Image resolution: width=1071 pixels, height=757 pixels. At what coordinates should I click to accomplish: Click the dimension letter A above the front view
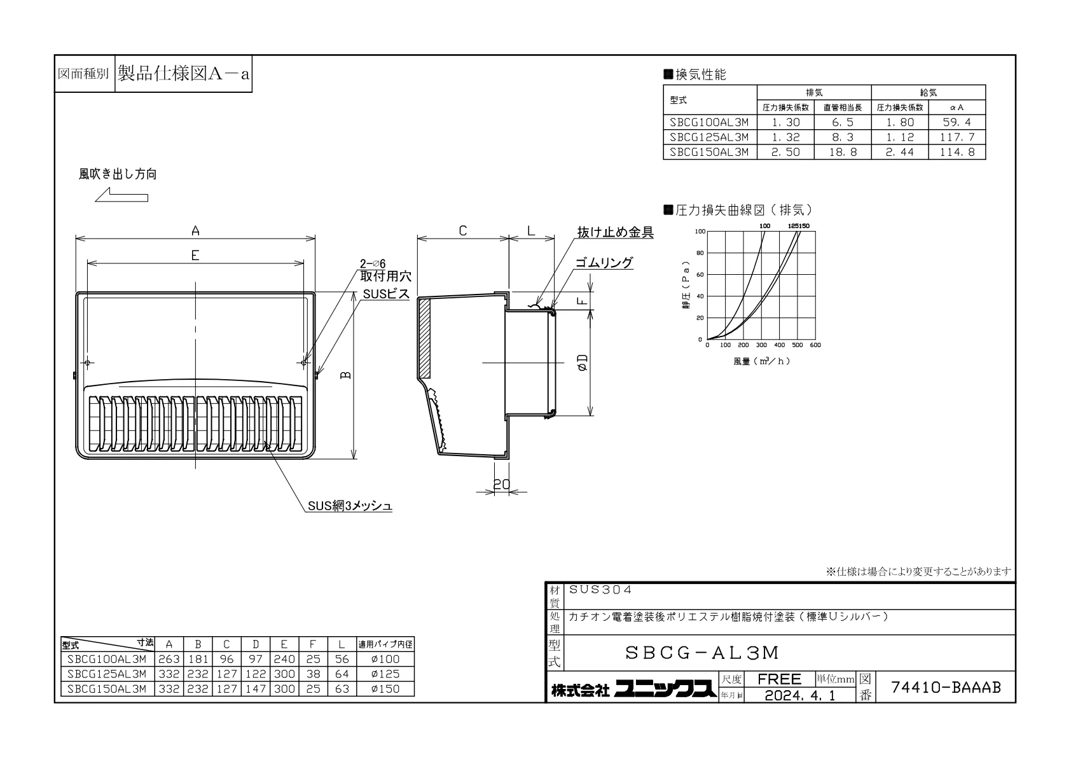point(195,231)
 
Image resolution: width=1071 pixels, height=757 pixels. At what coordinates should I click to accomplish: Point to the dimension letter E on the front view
point(195,255)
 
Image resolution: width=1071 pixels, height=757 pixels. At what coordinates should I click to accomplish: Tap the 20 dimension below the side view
point(502,485)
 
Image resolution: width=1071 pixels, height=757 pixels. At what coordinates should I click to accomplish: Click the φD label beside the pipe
point(583,363)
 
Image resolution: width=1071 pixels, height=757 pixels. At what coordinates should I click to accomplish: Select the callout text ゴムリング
point(604,263)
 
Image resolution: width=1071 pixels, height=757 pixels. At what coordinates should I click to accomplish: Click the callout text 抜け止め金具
point(616,232)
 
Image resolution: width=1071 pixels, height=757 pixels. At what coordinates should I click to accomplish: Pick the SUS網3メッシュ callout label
point(350,506)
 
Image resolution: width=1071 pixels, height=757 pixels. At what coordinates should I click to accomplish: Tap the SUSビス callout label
point(386,294)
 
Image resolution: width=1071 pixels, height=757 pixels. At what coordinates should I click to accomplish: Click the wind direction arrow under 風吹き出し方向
point(121,195)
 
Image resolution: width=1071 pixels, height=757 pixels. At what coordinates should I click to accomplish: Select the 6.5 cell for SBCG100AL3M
point(843,122)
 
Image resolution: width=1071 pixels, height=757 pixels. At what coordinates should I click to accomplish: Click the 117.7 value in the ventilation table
point(957,137)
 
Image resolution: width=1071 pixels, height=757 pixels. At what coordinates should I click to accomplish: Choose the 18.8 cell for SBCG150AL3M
point(843,152)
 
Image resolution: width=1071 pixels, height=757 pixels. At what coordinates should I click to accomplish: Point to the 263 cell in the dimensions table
point(169,659)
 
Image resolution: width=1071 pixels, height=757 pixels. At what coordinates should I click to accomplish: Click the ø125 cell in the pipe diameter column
point(385,674)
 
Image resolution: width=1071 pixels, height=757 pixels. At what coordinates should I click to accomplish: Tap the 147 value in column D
point(255,689)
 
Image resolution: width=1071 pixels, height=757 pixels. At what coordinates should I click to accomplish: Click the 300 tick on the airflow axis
point(761,345)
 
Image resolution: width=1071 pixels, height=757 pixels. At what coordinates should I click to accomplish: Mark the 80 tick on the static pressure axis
point(700,253)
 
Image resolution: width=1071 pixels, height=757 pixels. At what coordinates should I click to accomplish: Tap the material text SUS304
point(600,590)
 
